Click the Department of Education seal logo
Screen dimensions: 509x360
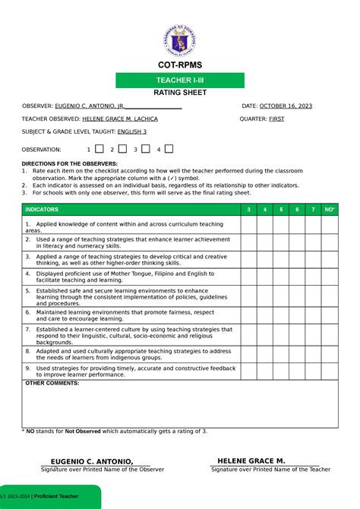pos(180,36)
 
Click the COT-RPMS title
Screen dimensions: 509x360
pos(180,65)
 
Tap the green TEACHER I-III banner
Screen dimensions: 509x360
pos(180,81)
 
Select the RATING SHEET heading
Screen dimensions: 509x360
pos(180,93)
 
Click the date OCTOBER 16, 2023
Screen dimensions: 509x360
pos(286,106)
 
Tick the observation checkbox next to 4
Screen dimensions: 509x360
pos(169,149)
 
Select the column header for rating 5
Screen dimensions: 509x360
pos(280,209)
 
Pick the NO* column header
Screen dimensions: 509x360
pos(329,209)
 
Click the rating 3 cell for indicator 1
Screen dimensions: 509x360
pos(247,224)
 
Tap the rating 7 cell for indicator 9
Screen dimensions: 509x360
pos(313,371)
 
